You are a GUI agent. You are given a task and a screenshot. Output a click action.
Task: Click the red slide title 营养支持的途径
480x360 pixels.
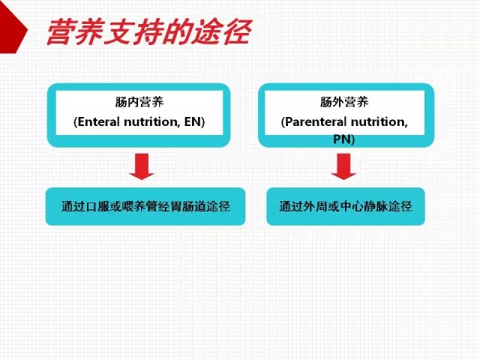point(149,31)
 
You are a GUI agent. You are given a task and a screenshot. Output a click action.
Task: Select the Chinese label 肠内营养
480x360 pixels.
point(139,102)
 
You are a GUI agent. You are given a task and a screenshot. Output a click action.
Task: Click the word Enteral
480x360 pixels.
point(98,121)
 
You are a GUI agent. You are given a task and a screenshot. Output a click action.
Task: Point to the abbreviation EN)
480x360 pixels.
point(194,121)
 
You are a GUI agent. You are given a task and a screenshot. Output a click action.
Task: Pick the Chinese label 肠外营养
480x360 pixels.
point(344,102)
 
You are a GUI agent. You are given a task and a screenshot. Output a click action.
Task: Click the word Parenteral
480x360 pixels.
point(316,121)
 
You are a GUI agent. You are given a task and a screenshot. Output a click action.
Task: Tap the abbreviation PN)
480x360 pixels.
point(344,139)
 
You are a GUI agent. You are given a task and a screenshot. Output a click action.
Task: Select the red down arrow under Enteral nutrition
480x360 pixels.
point(142,166)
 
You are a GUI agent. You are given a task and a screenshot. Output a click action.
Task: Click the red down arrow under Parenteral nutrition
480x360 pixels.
point(343,166)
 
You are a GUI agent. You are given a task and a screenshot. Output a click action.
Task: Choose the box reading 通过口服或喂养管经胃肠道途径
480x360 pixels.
point(145,206)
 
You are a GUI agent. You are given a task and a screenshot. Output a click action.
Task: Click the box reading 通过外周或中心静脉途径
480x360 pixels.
point(346,206)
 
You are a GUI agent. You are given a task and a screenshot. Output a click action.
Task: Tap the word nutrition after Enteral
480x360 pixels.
point(152,121)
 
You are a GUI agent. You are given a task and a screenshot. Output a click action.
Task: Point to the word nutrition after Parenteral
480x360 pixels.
point(379,121)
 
